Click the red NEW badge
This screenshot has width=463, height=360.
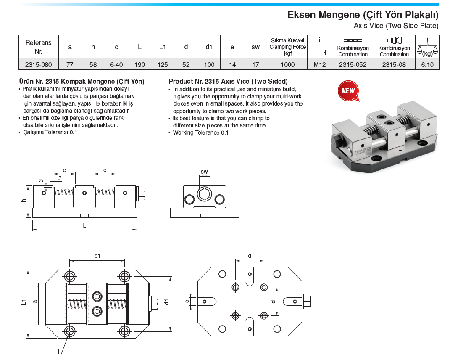348,90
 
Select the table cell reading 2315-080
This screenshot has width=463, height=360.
38,64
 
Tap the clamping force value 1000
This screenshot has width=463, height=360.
287,64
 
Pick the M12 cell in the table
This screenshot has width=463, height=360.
319,64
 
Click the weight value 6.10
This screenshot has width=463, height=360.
427,64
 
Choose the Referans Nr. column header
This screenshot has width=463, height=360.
38,47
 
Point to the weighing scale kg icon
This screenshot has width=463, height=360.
427,47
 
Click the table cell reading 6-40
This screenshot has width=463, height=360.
116,64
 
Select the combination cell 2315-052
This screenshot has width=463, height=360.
353,64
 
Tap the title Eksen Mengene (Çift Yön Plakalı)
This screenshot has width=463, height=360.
363,15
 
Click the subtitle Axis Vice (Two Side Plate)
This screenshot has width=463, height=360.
396,26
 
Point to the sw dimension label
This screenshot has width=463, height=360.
204,172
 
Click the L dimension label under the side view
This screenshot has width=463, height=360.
84,225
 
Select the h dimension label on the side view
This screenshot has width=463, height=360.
24,200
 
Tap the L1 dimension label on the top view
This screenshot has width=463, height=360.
24,302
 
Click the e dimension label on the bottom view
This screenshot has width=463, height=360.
187,301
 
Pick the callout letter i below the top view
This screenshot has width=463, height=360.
59,352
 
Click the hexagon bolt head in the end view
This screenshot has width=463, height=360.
204,194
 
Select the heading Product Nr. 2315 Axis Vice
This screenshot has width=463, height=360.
228,81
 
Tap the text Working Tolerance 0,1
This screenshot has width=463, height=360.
201,133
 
